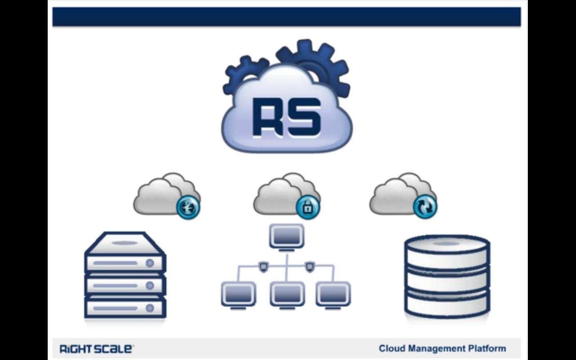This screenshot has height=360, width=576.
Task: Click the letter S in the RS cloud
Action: [305, 117]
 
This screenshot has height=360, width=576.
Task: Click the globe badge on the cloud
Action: [188, 207]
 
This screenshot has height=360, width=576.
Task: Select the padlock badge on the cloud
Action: [308, 207]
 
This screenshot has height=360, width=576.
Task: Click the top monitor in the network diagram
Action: [287, 237]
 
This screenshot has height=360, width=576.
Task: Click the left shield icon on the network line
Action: [263, 267]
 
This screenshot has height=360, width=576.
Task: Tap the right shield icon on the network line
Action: [310, 267]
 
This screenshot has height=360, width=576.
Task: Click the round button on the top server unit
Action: [150, 263]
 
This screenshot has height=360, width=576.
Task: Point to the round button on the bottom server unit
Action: [150, 308]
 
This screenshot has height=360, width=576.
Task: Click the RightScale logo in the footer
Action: [96, 349]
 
